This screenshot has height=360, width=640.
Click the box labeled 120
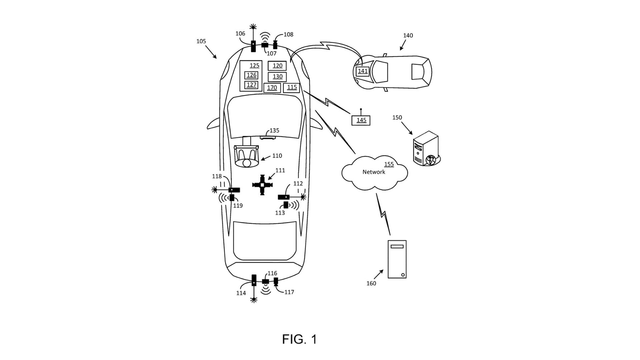[x=277, y=66]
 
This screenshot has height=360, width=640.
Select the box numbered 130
[x=277, y=76]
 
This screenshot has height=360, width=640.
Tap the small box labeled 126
[x=251, y=75]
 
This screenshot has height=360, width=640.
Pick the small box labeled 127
[x=251, y=85]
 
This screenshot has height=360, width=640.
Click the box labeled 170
[x=272, y=87]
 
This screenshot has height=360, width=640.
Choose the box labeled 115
[x=291, y=87]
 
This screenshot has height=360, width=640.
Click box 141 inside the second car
[x=362, y=71]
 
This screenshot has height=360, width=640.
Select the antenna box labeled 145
[x=361, y=120]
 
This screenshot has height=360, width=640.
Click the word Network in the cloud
[x=373, y=172]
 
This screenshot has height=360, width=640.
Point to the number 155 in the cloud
[x=389, y=164]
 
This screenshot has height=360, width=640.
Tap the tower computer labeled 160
[x=397, y=259]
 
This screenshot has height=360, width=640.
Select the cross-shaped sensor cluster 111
[x=262, y=185]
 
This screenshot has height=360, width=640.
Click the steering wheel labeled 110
[x=246, y=156]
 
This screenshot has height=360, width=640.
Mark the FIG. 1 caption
[x=299, y=339]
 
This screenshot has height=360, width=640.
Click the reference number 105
[x=201, y=41]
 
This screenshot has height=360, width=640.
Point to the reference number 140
[x=408, y=35]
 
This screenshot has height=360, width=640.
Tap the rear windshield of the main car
[x=265, y=240]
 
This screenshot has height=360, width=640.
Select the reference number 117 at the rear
[x=289, y=292]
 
